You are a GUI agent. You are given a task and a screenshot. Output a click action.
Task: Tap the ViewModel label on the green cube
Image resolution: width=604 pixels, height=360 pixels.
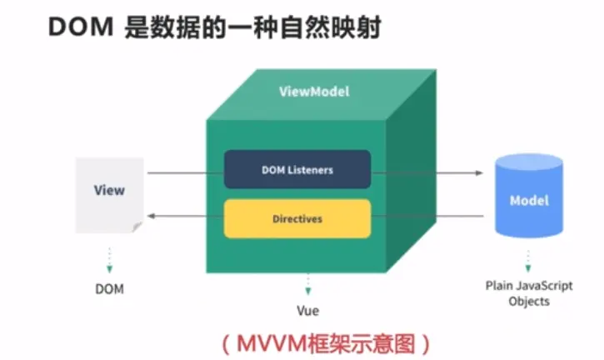[313, 92]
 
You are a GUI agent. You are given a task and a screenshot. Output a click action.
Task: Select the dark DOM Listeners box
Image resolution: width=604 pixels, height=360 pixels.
[297, 170]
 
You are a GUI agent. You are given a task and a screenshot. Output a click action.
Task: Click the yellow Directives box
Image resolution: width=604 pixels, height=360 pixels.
[297, 219]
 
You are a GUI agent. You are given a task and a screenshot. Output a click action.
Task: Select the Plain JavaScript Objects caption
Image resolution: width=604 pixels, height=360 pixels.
[529, 293]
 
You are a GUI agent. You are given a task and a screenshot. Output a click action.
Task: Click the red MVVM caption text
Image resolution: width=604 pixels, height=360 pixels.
[325, 342]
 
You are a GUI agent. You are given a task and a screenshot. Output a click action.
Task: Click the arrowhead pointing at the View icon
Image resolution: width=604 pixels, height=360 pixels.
[152, 216]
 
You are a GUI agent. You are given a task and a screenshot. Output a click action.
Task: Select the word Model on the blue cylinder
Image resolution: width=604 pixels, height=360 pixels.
[530, 201]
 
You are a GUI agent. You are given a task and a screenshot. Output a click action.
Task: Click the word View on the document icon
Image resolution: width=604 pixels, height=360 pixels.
[109, 190]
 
